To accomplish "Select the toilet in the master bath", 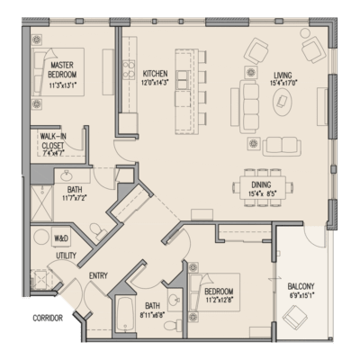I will [x=96, y=210].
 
